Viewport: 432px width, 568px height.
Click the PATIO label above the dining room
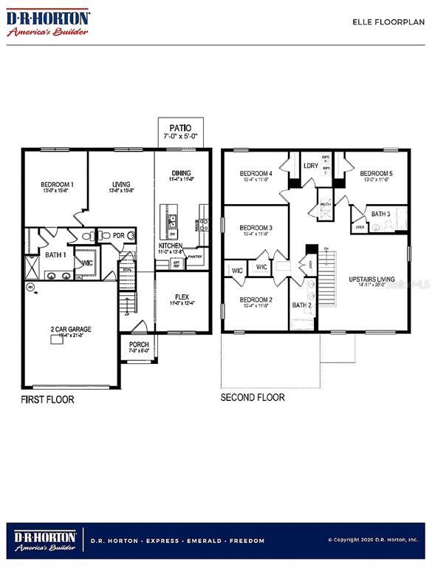pyautogui.click(x=181, y=128)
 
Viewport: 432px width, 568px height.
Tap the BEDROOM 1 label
pyautogui.click(x=56, y=184)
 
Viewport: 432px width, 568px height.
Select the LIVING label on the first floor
pyautogui.click(x=121, y=184)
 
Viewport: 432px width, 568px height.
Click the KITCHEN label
pyautogui.click(x=171, y=246)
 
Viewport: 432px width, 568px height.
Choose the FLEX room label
pyautogui.click(x=182, y=297)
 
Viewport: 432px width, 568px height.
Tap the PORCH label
pyautogui.click(x=139, y=345)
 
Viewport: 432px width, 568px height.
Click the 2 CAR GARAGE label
pyautogui.click(x=71, y=329)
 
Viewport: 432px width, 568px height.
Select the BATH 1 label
pyautogui.click(x=55, y=255)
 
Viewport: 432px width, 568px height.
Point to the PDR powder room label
pyautogui.click(x=117, y=236)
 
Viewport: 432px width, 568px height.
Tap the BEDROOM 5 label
pyautogui.click(x=376, y=174)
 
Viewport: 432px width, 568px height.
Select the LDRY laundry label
pyautogui.click(x=311, y=166)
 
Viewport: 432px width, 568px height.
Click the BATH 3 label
pyautogui.click(x=380, y=214)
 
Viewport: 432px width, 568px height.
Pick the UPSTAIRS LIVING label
pyautogui.click(x=371, y=280)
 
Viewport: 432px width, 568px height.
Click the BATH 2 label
pyautogui.click(x=301, y=305)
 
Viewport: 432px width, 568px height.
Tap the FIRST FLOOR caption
pyautogui.click(x=47, y=399)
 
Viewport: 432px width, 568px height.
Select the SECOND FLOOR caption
pyautogui.click(x=253, y=397)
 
